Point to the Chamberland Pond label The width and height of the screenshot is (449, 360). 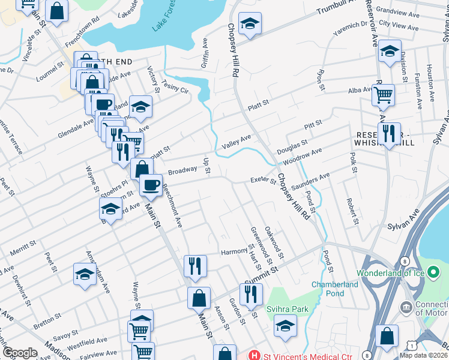click(x=328, y=289)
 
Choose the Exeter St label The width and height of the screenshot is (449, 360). click(x=262, y=180)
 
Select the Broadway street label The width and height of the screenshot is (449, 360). click(x=182, y=171)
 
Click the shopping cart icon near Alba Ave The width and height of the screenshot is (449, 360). click(x=383, y=94)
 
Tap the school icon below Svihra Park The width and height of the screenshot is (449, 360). click(x=285, y=325)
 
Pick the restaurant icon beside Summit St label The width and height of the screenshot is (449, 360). click(x=250, y=293)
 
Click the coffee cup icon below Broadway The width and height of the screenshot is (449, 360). click(x=151, y=184)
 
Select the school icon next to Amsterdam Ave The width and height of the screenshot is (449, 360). click(x=85, y=274)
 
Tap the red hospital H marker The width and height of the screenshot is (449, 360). click(x=255, y=355)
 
